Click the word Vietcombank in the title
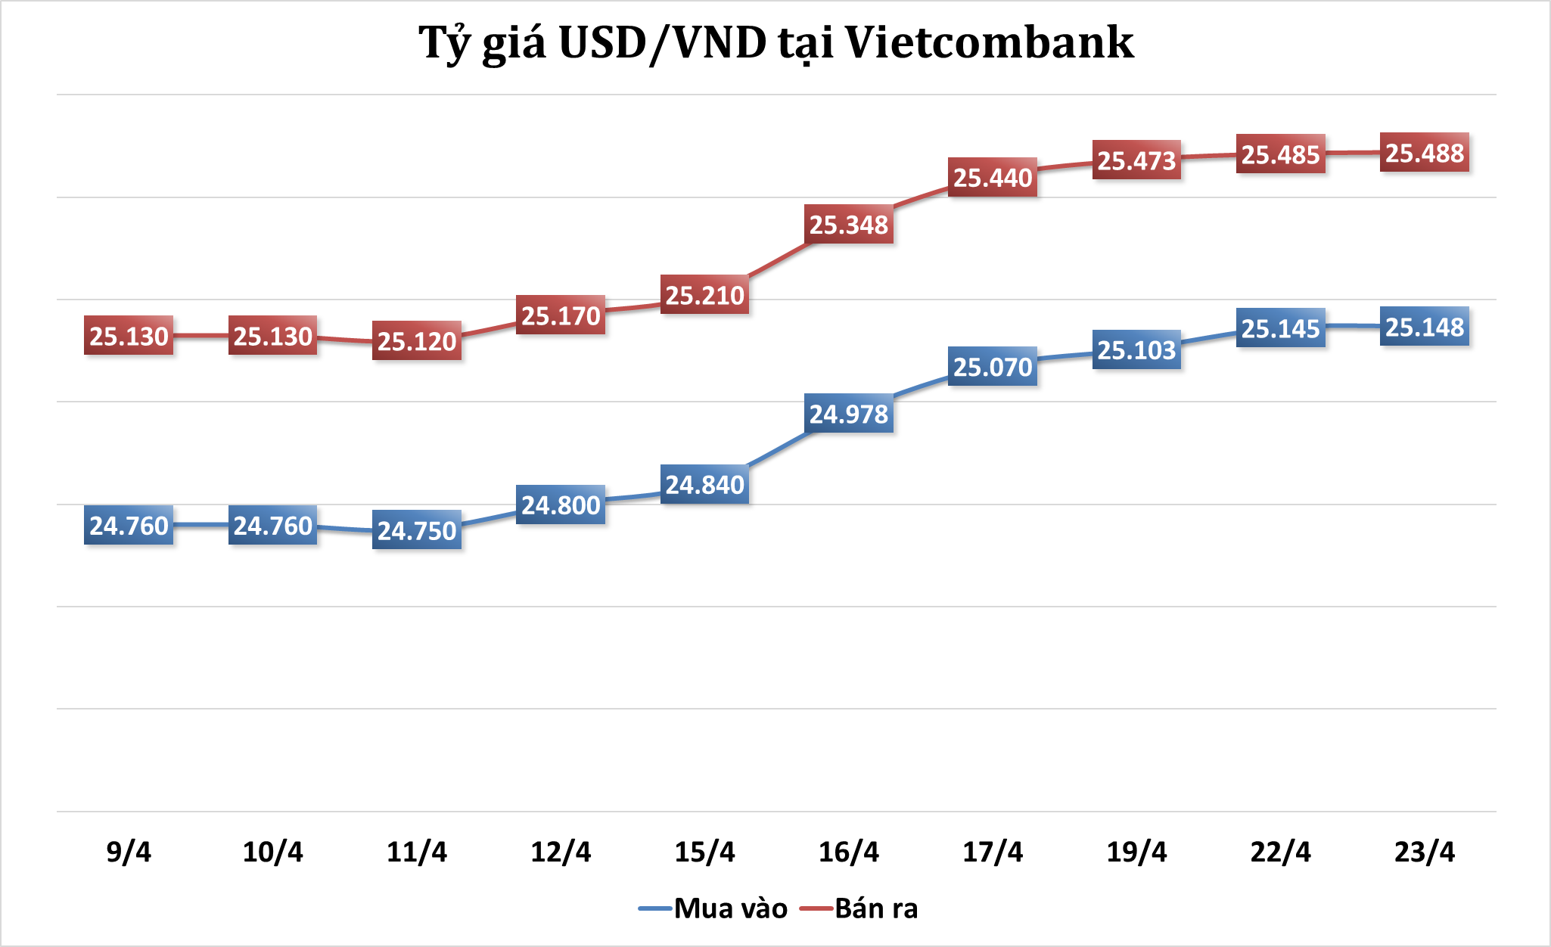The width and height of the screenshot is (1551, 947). pyautogui.click(x=989, y=42)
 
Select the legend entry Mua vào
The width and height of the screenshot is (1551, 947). pyautogui.click(x=730, y=908)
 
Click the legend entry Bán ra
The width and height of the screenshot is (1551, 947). pyautogui.click(x=876, y=908)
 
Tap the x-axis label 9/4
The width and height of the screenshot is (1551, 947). pyautogui.click(x=129, y=852)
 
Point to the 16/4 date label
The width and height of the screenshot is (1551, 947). pyautogui.click(x=848, y=852)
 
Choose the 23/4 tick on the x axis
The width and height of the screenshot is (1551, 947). pyautogui.click(x=1424, y=852)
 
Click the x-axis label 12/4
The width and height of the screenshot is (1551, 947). pyautogui.click(x=561, y=852)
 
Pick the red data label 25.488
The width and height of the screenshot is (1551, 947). pyautogui.click(x=1425, y=153)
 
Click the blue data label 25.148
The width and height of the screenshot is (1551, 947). pyautogui.click(x=1425, y=327)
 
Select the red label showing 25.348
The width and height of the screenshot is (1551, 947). pyautogui.click(x=849, y=225)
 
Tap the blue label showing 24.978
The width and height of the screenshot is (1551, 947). pyautogui.click(x=849, y=414)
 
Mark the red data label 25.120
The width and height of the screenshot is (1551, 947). pyautogui.click(x=417, y=341)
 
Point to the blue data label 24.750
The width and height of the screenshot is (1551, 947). pyautogui.click(x=417, y=530)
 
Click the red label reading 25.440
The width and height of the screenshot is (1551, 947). pyautogui.click(x=993, y=178)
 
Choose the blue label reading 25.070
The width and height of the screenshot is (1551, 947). pyautogui.click(x=993, y=367)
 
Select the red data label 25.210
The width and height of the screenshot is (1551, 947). pyautogui.click(x=705, y=295)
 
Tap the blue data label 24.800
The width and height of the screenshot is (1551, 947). pyautogui.click(x=561, y=505)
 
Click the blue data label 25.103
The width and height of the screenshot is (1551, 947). pyautogui.click(x=1136, y=350)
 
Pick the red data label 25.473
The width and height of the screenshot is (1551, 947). pyautogui.click(x=1136, y=160)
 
